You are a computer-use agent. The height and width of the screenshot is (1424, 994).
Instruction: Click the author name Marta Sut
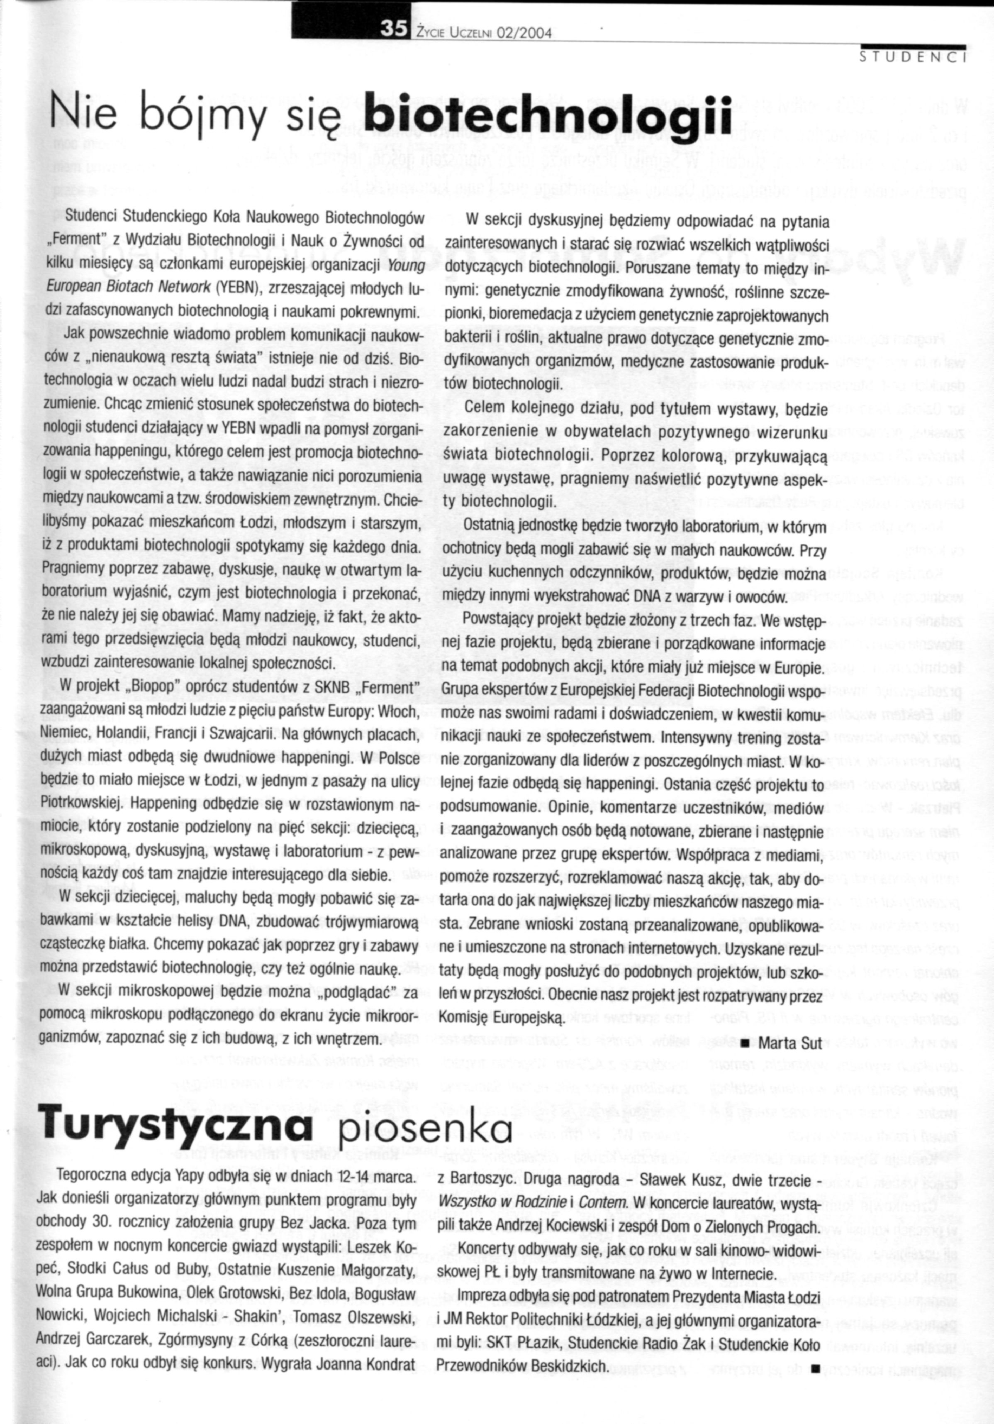click(x=790, y=1043)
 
